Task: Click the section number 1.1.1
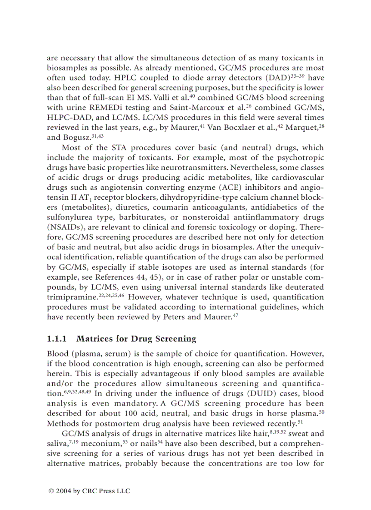point(57,339)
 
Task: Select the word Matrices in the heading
point(93,339)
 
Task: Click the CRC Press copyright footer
point(89,491)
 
